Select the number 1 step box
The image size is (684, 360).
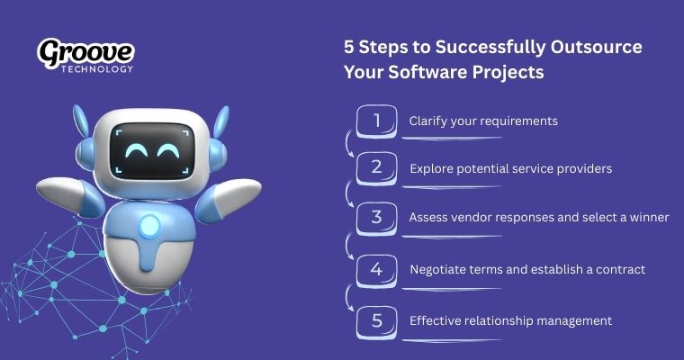coord(376,121)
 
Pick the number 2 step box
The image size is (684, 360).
coord(376,168)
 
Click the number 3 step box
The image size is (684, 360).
coord(376,218)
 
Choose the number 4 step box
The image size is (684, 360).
coord(376,269)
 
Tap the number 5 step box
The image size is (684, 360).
coord(376,320)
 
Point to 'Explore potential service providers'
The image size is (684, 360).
coord(510,168)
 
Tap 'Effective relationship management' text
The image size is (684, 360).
coord(510,320)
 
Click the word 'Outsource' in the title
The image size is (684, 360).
coord(598,48)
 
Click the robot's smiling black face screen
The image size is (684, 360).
coord(149,149)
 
